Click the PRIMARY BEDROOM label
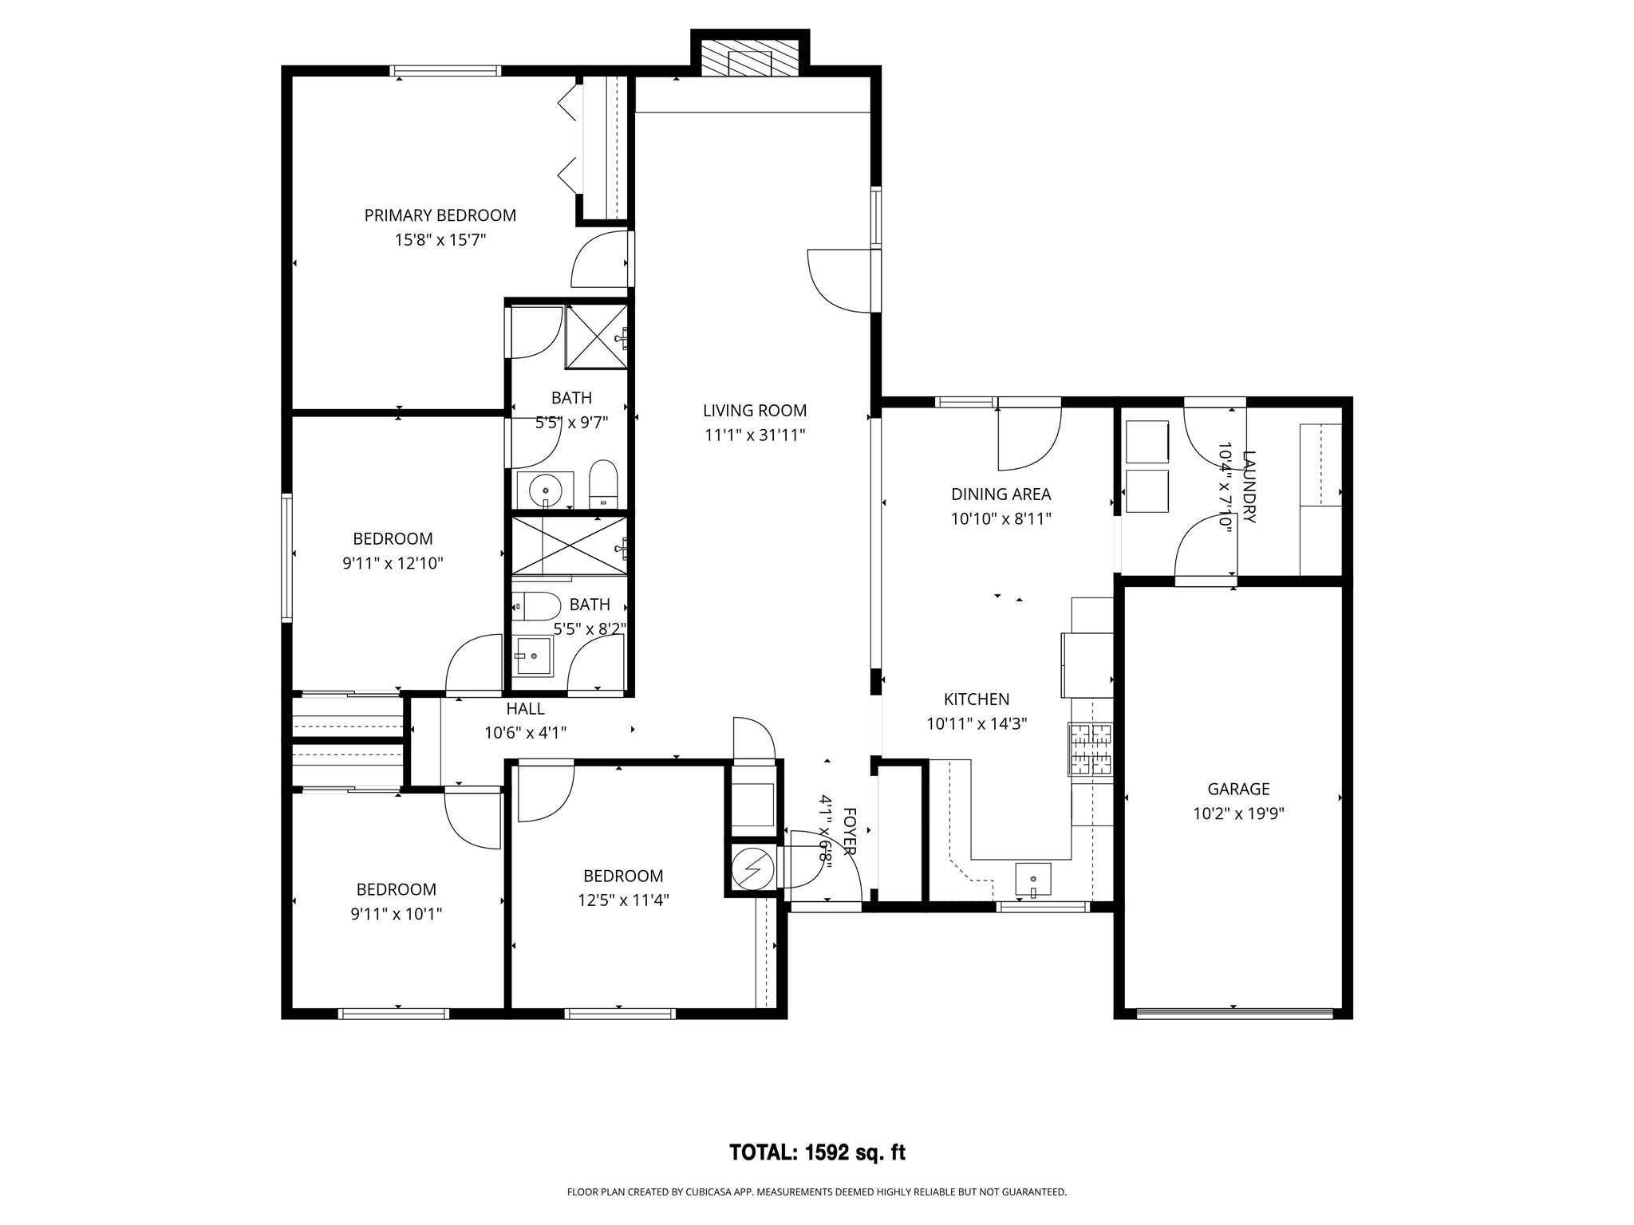click(x=440, y=215)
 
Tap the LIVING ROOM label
click(x=755, y=411)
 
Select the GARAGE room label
click(x=1238, y=790)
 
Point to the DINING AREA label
click(x=1001, y=494)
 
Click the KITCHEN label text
click(x=977, y=699)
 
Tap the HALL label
click(x=526, y=708)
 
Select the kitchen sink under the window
click(x=1033, y=880)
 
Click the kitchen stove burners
click(x=1091, y=749)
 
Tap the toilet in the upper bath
click(x=603, y=484)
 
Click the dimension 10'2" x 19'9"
click(x=1238, y=814)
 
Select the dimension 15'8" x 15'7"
click(x=440, y=240)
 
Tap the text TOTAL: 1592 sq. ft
click(x=818, y=1152)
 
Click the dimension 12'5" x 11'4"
click(x=623, y=900)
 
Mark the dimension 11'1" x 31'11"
click(x=755, y=435)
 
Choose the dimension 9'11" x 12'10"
click(x=393, y=564)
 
